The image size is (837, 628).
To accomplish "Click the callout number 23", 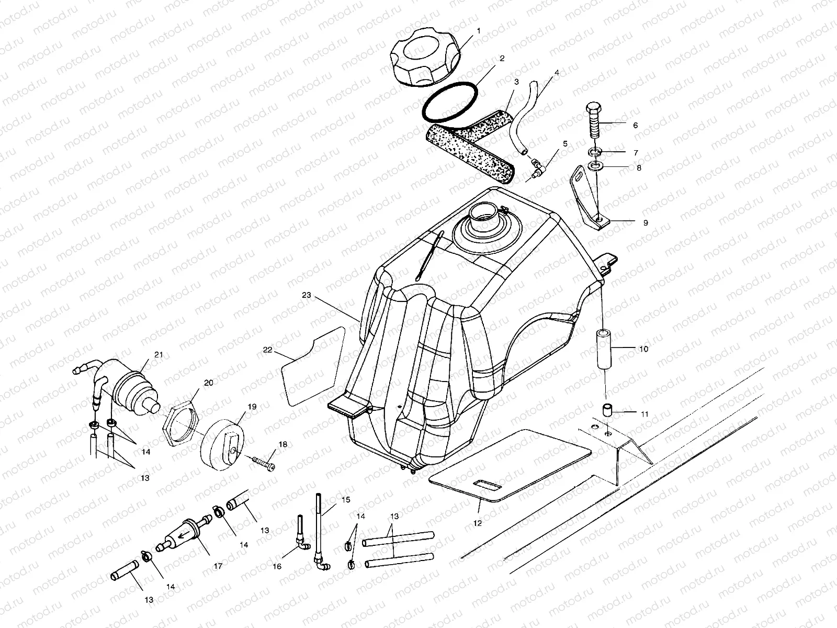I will point(307,295).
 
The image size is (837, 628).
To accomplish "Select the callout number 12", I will point(477,522).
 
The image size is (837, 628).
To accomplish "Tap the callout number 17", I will point(218,566).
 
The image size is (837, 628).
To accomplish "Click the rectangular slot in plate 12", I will point(486,486).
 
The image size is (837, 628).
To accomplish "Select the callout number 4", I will point(557,73).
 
